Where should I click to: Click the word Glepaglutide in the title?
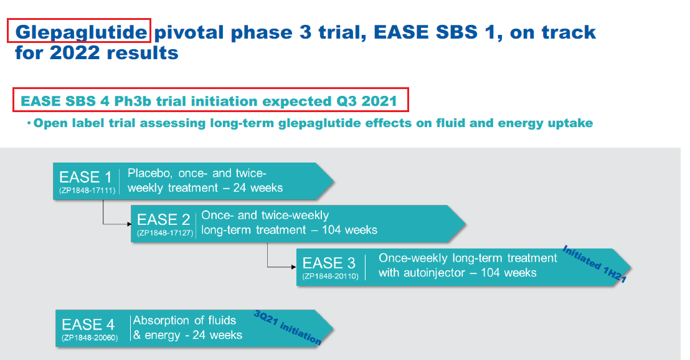click(79, 31)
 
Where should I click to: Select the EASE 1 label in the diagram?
click(85, 177)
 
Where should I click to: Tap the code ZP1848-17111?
click(85, 190)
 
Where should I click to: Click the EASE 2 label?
click(163, 220)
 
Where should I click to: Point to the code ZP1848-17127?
click(164, 233)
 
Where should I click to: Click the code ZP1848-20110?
click(330, 276)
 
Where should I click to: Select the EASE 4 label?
click(88, 324)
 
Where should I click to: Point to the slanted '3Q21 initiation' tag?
click(287, 328)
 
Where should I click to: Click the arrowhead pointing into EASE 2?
click(128, 222)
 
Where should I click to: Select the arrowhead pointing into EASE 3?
click(293, 267)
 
